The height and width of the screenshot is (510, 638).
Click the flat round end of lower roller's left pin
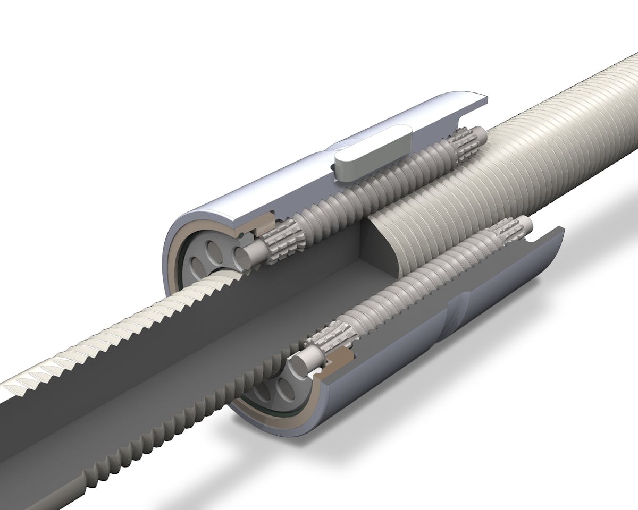pyautogui.click(x=299, y=365)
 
